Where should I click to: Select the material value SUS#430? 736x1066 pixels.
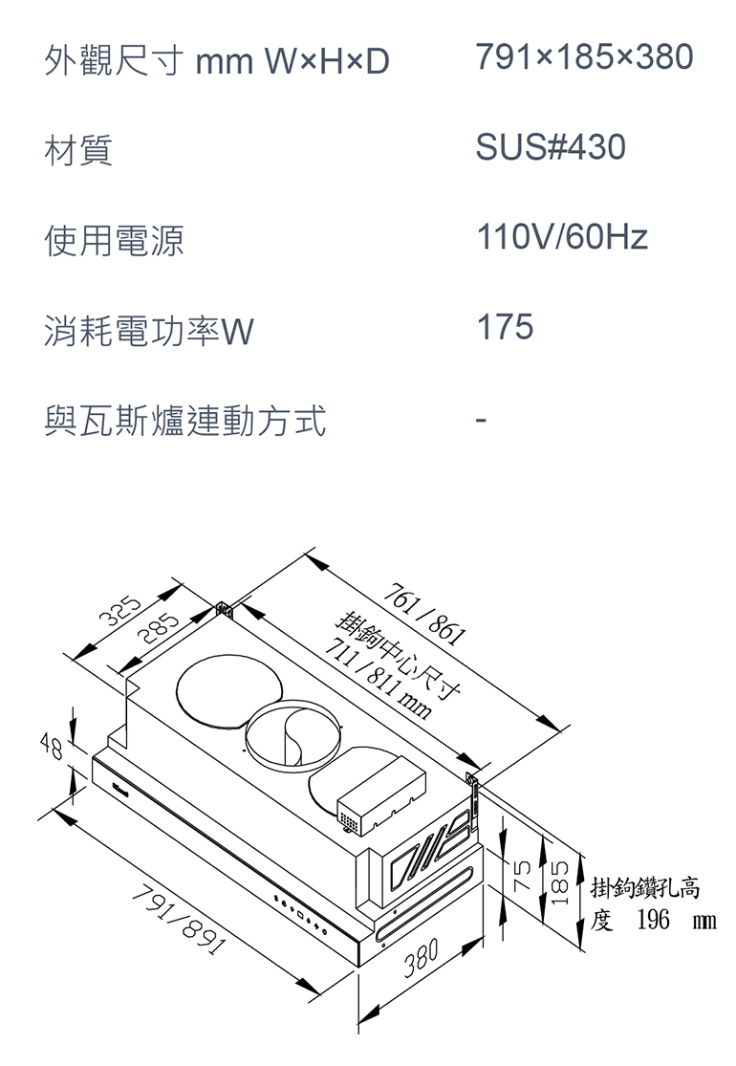click(x=551, y=147)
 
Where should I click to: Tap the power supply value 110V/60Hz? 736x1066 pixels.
click(x=562, y=237)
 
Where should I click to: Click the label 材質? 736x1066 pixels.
click(x=78, y=150)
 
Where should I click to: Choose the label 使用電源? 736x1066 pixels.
click(x=114, y=240)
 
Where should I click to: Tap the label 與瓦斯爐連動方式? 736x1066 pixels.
click(x=184, y=421)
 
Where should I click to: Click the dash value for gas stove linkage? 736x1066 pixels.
click(x=483, y=419)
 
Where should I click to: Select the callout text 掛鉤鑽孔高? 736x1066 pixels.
click(x=645, y=887)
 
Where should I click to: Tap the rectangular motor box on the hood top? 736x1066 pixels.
click(x=380, y=792)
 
